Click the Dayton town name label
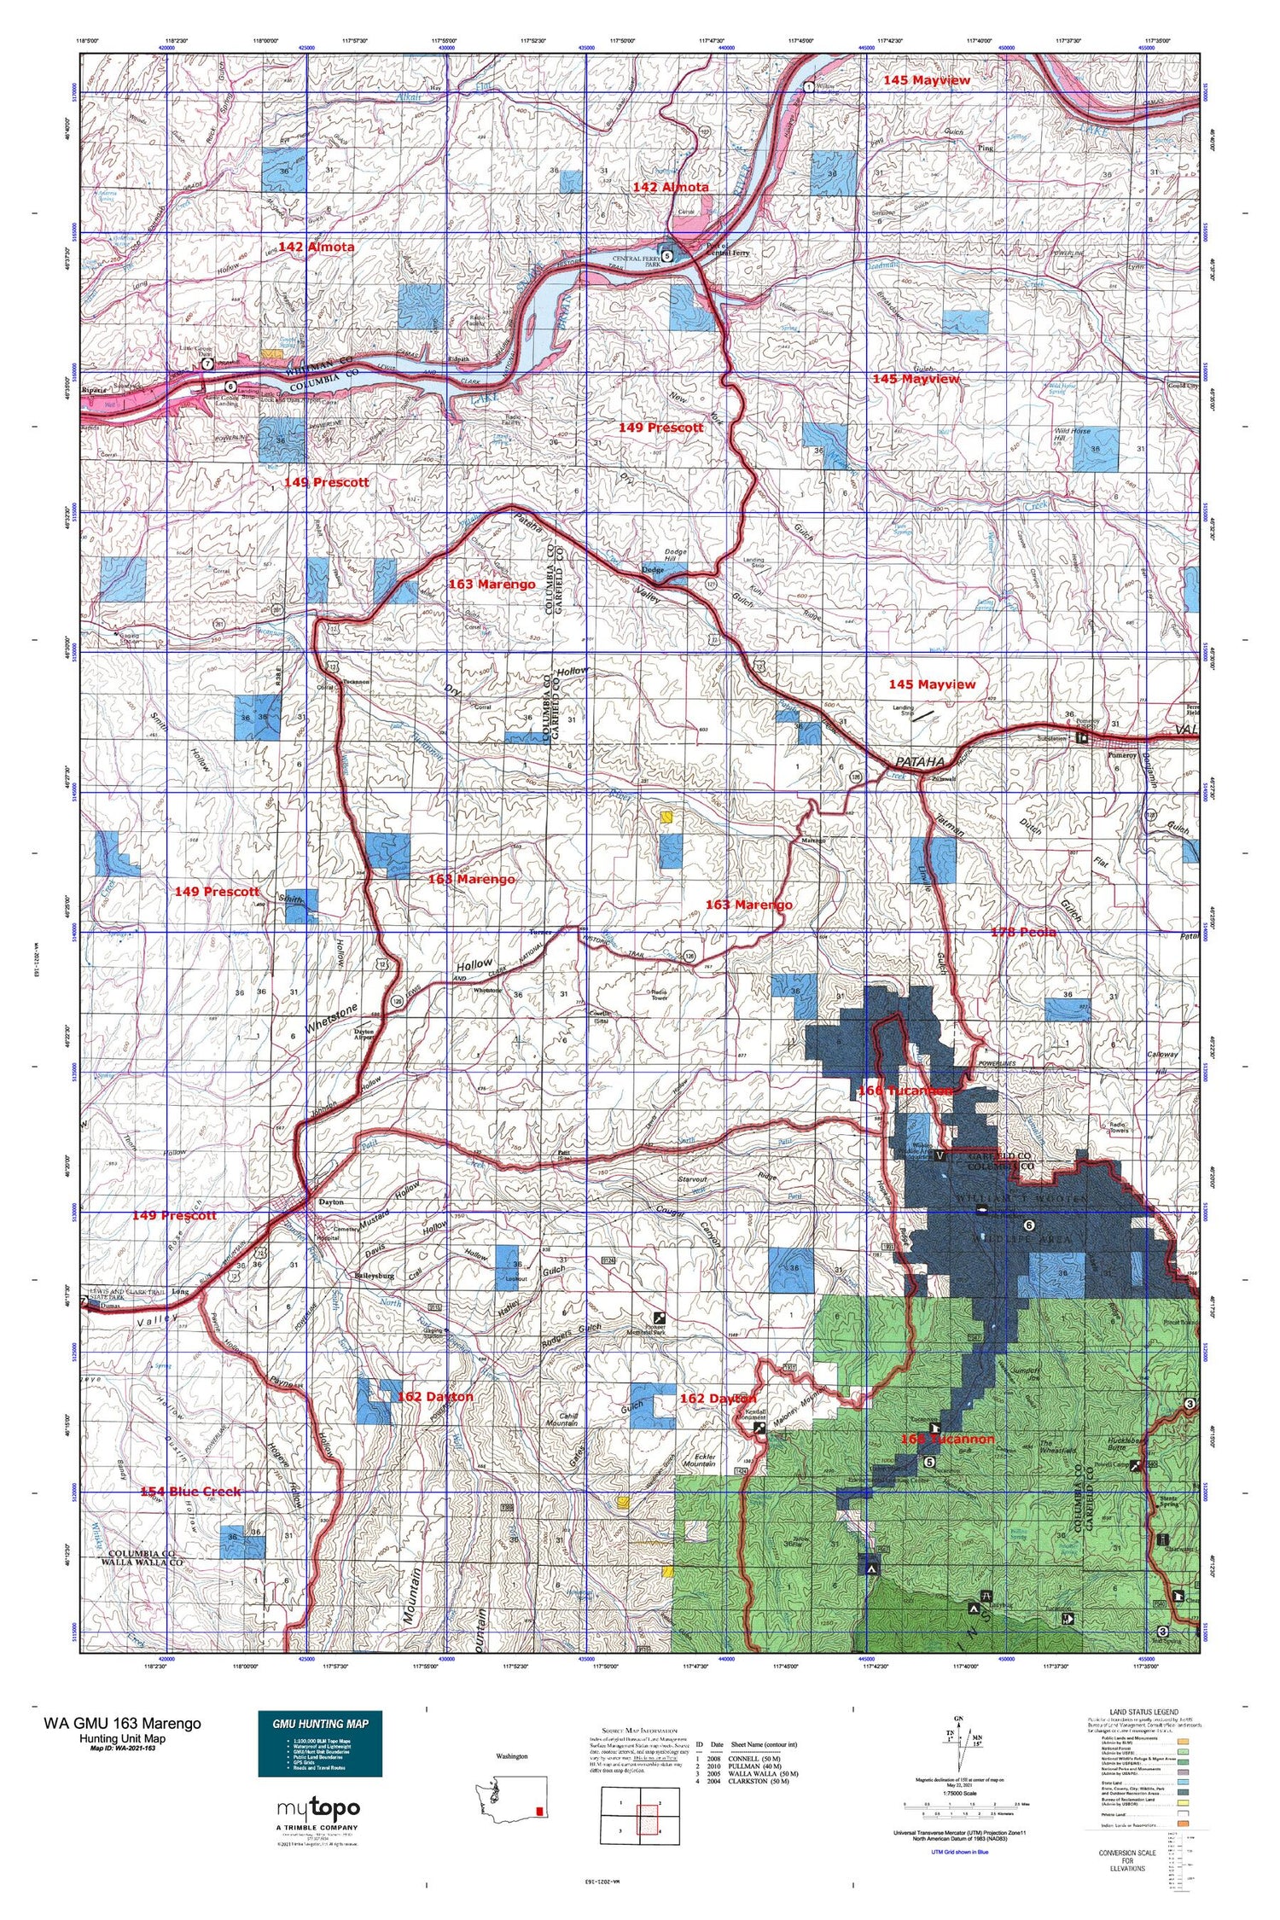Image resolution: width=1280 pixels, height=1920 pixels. tap(330, 1201)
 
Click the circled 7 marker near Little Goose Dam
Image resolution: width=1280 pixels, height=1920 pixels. tap(207, 364)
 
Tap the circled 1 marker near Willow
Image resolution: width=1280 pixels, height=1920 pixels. tap(807, 86)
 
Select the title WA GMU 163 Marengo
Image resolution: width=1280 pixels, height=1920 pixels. tap(122, 1722)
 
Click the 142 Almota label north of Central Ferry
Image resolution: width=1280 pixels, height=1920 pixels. tap(670, 186)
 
